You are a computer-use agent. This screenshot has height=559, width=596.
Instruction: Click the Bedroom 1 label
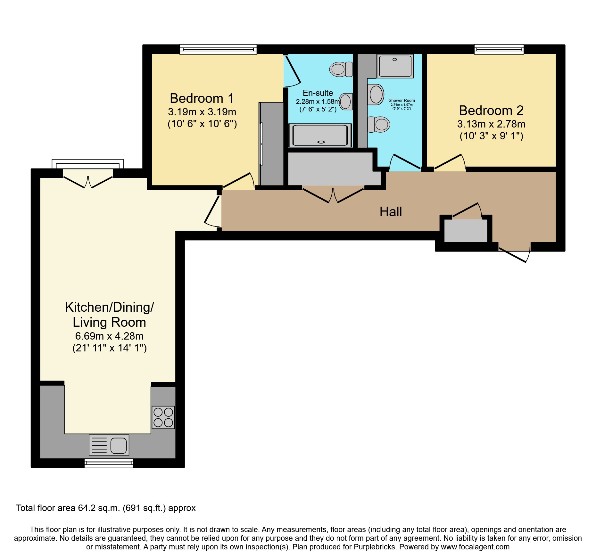(202, 98)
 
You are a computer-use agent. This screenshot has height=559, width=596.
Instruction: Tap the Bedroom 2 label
(491, 111)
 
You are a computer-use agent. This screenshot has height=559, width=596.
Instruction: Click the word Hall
(391, 212)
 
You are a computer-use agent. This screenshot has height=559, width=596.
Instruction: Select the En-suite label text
(318, 93)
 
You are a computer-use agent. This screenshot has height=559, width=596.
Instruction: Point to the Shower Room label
(401, 100)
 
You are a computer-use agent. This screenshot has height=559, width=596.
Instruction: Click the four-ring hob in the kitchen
(163, 417)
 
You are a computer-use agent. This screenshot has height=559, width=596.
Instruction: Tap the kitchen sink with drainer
(109, 445)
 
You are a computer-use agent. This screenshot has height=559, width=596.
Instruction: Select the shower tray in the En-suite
(320, 135)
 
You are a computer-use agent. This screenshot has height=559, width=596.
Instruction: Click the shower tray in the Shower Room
(395, 66)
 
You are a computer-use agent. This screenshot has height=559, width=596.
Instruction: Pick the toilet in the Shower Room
(379, 124)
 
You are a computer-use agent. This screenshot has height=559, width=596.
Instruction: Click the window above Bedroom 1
(218, 49)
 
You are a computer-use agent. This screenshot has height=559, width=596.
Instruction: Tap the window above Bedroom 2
(499, 49)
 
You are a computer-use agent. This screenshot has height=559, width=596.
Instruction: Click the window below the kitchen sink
(109, 463)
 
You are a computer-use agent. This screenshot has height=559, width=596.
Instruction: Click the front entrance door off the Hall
(514, 255)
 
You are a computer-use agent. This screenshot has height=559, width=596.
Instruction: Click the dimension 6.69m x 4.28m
(109, 336)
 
